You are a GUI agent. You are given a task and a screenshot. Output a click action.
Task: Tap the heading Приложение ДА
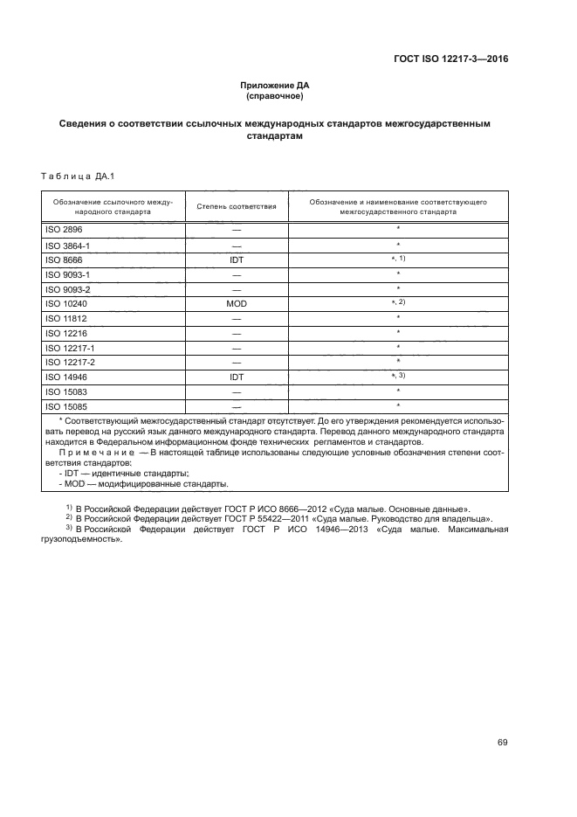(x=276, y=86)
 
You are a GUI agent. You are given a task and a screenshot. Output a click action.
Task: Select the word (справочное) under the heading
(x=276, y=96)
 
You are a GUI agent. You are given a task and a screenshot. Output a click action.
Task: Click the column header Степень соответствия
(x=237, y=206)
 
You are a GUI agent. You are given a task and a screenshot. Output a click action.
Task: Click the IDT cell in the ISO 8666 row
(x=237, y=260)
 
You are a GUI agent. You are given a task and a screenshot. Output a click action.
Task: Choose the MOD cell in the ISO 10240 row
(x=237, y=303)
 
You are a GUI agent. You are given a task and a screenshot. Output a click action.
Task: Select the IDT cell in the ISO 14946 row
(x=237, y=377)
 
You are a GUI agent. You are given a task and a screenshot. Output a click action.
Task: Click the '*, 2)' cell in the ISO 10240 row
(x=398, y=302)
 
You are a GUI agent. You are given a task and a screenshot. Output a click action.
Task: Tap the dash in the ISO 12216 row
(x=237, y=333)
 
